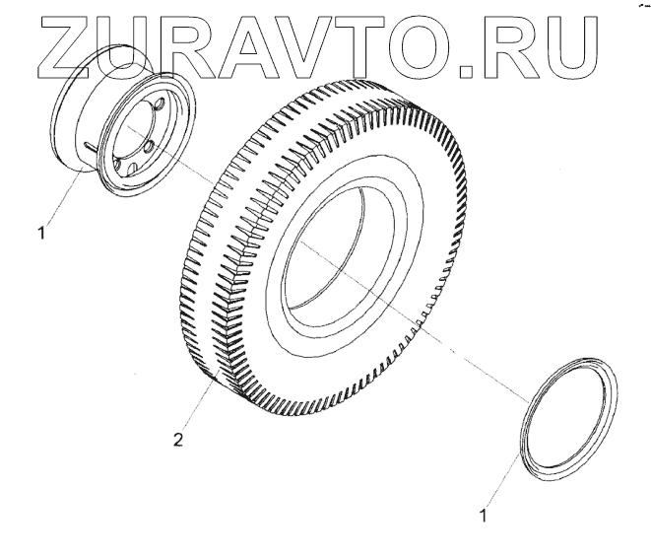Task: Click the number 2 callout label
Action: (177, 441)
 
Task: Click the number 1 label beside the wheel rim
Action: (40, 235)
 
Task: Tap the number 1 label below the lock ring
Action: (483, 513)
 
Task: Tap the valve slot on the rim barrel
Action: (90, 149)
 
